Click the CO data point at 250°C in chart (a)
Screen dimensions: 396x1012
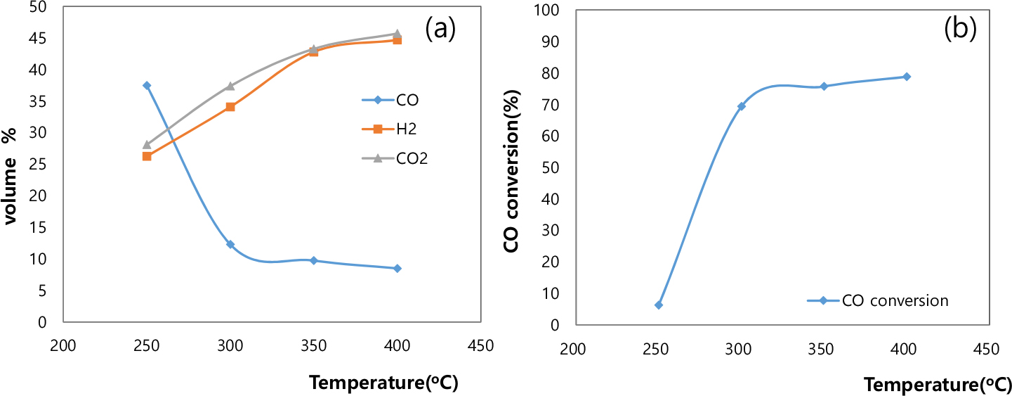pos(147,85)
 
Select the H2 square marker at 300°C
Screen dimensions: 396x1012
pos(230,107)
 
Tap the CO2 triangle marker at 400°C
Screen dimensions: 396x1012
pos(397,34)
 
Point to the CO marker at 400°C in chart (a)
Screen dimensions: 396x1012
pos(397,268)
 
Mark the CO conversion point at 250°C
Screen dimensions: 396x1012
pos(658,305)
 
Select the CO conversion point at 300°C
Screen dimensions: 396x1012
pos(741,106)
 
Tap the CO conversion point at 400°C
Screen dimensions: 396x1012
pos(907,77)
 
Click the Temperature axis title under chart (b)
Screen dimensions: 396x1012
pos(937,385)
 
